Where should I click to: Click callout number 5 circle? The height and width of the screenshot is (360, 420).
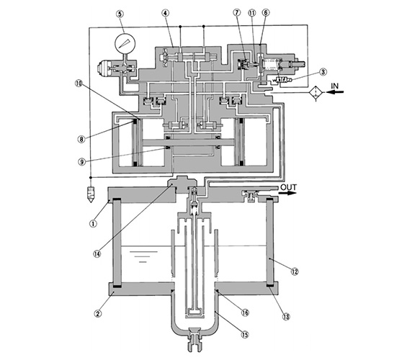click(120, 14)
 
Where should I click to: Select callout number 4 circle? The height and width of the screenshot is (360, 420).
click(166, 13)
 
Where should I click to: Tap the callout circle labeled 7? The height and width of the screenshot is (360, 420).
click(237, 12)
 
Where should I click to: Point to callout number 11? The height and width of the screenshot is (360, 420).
click(252, 12)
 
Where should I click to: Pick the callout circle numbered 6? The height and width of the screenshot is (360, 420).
click(266, 12)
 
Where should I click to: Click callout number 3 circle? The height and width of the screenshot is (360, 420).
click(323, 72)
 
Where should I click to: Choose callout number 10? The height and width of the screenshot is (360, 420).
click(79, 84)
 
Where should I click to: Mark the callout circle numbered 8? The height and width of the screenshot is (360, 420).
click(81, 139)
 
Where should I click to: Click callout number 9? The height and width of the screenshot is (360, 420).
click(81, 161)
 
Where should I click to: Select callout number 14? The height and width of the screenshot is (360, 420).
click(97, 253)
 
